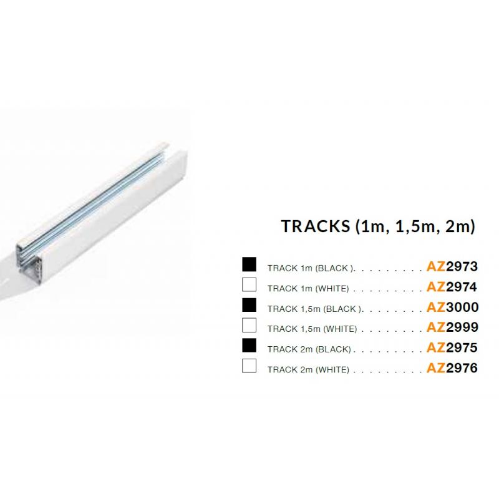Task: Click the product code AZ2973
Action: tap(452, 266)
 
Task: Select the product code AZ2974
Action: tap(452, 287)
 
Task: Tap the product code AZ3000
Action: tap(453, 307)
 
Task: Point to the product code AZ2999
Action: tap(453, 327)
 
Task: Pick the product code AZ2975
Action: tap(452, 347)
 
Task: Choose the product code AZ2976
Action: tap(452, 368)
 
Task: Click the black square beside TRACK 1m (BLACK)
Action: tap(249, 264)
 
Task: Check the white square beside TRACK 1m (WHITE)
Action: tap(249, 284)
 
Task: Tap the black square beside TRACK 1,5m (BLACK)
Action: tap(249, 305)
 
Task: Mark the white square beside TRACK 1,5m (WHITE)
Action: tap(249, 325)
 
